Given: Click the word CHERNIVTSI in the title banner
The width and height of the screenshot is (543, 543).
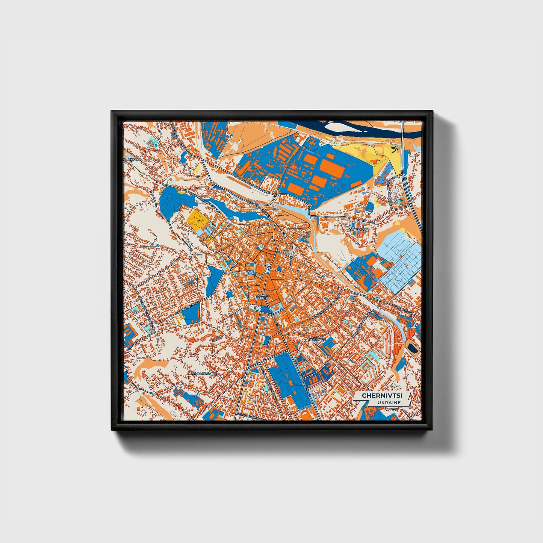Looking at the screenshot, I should (x=381, y=396).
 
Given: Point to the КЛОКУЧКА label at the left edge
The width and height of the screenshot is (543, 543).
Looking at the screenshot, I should (x=132, y=159).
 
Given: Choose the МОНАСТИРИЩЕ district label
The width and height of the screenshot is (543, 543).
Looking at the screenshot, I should (x=204, y=374).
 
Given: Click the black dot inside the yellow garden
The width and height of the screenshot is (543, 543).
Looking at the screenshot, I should (x=199, y=221).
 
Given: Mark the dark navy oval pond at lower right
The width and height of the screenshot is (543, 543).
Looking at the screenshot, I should (x=414, y=349).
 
